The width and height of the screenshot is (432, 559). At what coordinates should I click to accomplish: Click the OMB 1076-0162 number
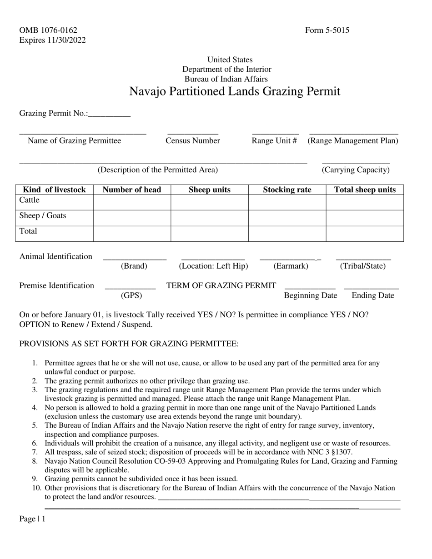(48, 30)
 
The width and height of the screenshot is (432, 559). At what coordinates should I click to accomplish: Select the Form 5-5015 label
(327, 30)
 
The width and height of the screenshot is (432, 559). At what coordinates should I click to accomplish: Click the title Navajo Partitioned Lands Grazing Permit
(235, 91)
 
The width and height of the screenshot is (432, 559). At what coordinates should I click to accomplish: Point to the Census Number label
(193, 140)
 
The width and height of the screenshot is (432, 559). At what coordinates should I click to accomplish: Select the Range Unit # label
(275, 140)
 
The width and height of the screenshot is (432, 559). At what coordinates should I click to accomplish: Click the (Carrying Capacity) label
(356, 170)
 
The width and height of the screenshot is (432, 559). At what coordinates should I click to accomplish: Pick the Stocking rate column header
(287, 190)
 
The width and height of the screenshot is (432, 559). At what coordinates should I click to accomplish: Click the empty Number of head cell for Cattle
(132, 202)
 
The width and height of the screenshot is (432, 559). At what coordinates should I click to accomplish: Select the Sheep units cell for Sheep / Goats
(209, 218)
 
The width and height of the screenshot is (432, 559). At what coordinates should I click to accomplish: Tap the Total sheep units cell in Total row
(365, 233)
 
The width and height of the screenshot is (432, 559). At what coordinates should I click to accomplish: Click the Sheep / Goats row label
(43, 215)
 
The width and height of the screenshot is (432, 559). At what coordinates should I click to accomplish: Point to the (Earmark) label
(291, 266)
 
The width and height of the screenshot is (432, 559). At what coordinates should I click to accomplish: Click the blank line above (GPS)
(131, 287)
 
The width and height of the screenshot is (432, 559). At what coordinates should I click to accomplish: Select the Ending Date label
(373, 296)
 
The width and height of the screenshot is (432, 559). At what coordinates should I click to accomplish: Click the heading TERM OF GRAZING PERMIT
(221, 285)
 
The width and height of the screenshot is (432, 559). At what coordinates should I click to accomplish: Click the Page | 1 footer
(32, 519)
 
